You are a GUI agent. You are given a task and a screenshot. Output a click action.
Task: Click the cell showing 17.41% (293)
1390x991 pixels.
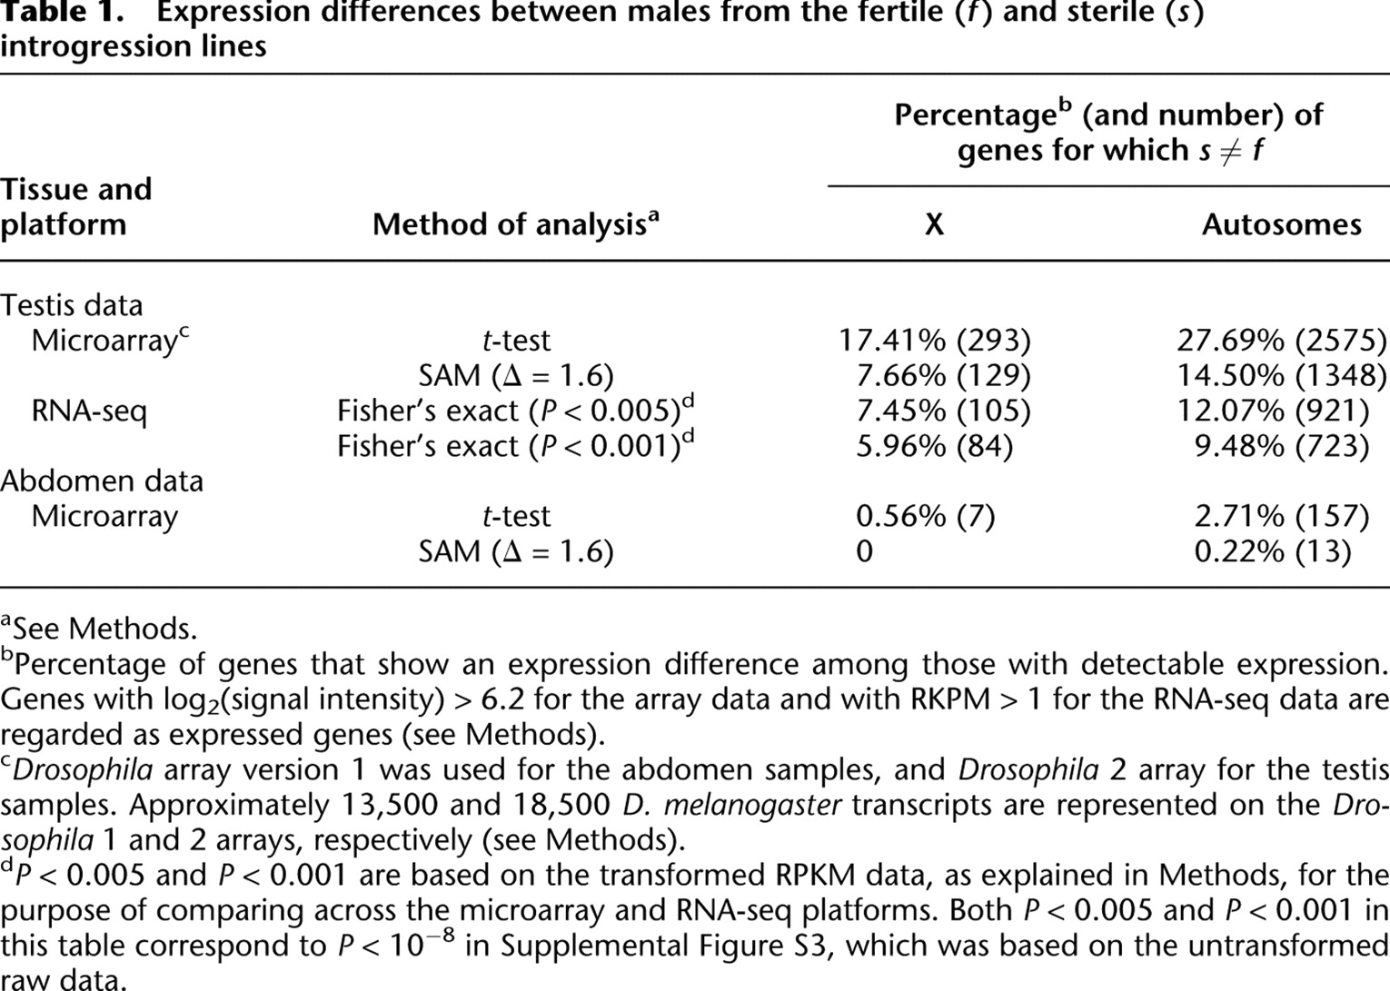(x=935, y=340)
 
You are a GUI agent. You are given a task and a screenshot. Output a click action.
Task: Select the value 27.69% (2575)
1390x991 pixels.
(x=1281, y=340)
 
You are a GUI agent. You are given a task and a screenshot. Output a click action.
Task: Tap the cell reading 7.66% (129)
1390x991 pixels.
(x=943, y=375)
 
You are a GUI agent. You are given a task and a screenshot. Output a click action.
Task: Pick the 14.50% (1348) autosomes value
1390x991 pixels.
(x=1281, y=375)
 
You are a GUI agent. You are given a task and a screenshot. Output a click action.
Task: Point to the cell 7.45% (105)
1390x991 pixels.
(x=943, y=411)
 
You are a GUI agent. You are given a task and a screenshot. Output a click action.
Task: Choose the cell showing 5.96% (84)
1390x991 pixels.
(x=935, y=446)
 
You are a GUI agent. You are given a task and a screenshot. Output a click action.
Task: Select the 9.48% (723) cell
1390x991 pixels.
(x=1281, y=446)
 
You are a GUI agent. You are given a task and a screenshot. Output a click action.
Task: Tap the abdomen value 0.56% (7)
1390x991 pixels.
(x=925, y=516)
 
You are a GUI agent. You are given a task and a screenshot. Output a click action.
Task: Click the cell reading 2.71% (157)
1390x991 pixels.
(x=1281, y=516)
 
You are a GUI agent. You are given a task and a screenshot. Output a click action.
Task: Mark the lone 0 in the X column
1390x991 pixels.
(x=864, y=551)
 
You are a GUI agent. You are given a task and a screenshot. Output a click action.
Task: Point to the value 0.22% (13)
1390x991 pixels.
(x=1273, y=551)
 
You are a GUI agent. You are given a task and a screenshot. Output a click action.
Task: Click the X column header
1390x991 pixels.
(x=935, y=224)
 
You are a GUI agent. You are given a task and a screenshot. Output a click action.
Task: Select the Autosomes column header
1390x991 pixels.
(x=1281, y=224)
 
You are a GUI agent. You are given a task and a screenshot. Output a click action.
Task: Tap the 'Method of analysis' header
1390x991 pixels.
(x=515, y=223)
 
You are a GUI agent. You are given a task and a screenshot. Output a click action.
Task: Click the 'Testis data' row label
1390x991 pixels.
(x=72, y=305)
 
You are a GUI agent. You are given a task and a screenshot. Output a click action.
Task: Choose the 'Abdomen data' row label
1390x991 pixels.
(x=102, y=481)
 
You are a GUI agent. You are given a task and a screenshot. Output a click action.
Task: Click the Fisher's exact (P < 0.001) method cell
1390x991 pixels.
(x=515, y=445)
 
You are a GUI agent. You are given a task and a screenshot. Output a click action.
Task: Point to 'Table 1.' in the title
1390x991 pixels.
(x=62, y=12)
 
